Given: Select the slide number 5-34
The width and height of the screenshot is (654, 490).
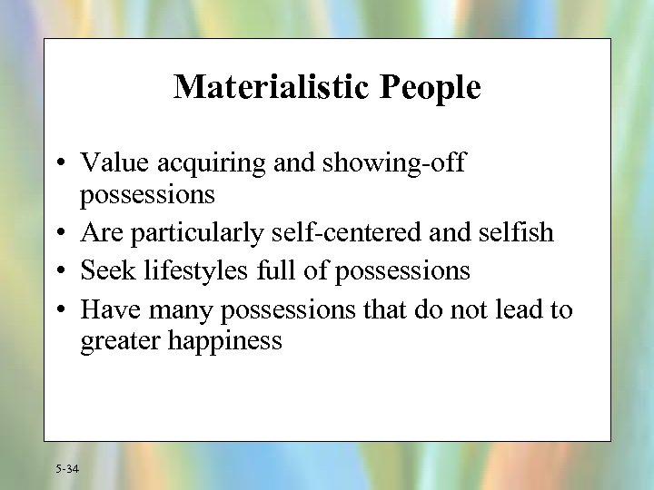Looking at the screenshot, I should [67, 468].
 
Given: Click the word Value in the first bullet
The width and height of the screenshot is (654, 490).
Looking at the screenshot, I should [116, 163].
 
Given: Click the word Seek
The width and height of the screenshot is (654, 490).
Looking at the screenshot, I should [107, 270].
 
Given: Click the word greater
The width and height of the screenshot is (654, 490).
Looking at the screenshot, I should [120, 342].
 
